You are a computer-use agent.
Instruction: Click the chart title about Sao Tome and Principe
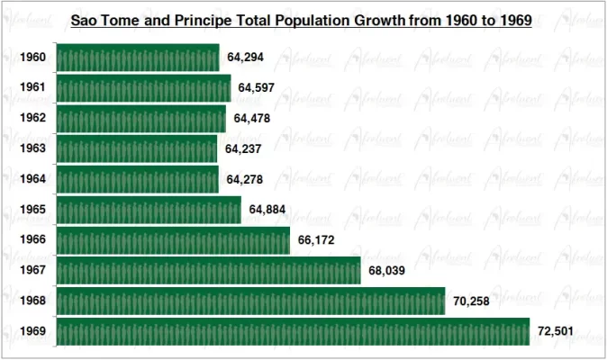point(302,19)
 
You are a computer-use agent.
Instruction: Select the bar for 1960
point(138,58)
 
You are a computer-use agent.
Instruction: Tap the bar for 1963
point(137,148)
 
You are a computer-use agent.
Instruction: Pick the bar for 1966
point(173,240)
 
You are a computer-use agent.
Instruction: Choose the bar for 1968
point(250,301)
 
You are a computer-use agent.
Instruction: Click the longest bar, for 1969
point(293,331)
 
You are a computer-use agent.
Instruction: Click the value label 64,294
point(246,58)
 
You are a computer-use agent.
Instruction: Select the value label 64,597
point(257,88)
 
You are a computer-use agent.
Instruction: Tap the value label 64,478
point(252,119)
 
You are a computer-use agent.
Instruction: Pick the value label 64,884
point(267,210)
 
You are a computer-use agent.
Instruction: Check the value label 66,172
point(316,240)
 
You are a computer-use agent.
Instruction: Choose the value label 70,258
point(471,301)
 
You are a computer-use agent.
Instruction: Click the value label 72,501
point(556,331)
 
